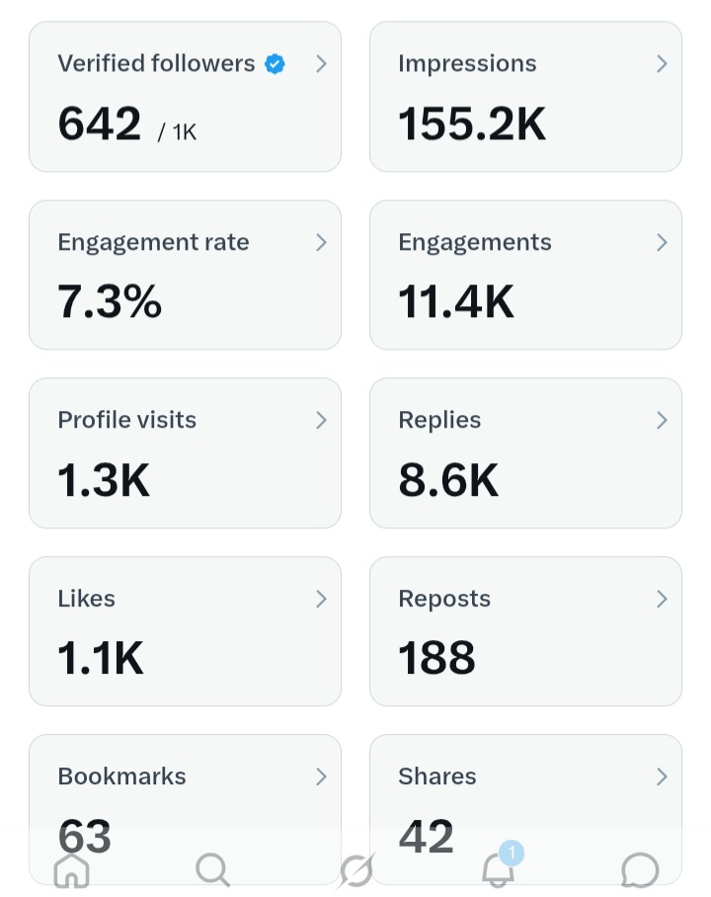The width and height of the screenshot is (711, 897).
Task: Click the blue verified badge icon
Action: pyautogui.click(x=275, y=64)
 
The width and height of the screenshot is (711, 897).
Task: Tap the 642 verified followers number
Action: pyautogui.click(x=100, y=123)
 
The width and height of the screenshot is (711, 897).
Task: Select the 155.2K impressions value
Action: pyautogui.click(x=472, y=123)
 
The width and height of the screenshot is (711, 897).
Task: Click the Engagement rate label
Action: pyautogui.click(x=153, y=243)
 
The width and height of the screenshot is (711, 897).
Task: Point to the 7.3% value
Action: pyautogui.click(x=110, y=301)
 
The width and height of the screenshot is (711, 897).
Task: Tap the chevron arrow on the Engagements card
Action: pyautogui.click(x=662, y=243)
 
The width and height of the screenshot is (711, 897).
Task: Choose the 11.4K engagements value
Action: pyautogui.click(x=456, y=301)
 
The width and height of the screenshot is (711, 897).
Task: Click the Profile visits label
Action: pyautogui.click(x=127, y=420)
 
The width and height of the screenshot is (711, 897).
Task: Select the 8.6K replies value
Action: pyautogui.click(x=448, y=480)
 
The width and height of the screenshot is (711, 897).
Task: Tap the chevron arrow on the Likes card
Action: pyautogui.click(x=322, y=599)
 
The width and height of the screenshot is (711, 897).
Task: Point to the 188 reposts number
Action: pyautogui.click(x=436, y=658)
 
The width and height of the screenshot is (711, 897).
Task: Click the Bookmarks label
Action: pyautogui.click(x=121, y=776)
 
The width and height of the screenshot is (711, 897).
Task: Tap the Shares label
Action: pyautogui.click(x=437, y=776)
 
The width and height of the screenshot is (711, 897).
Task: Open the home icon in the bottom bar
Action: pyautogui.click(x=71, y=870)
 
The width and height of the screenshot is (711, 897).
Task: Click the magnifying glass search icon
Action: pyautogui.click(x=212, y=870)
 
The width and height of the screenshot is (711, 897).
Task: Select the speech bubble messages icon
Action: pyautogui.click(x=640, y=870)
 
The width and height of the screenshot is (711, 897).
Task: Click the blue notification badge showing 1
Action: pyautogui.click(x=512, y=853)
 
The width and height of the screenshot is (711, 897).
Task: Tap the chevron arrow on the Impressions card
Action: pyautogui.click(x=662, y=64)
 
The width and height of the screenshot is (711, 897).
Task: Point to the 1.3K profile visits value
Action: pyautogui.click(x=104, y=480)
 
